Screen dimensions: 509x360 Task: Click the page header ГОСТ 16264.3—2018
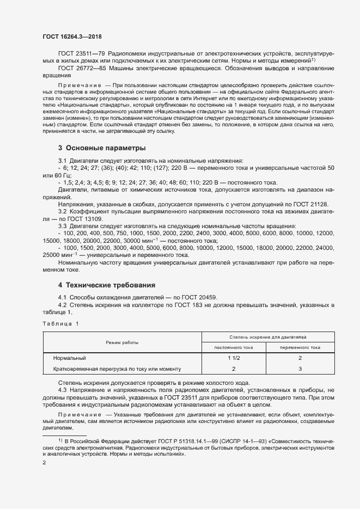(72, 37)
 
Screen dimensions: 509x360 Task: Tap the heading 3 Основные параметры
(102, 148)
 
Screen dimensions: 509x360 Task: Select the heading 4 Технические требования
(107, 285)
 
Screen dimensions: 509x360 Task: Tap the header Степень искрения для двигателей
(267, 338)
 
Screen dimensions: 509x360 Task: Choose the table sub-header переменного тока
(300, 347)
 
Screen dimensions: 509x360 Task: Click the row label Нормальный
(70, 358)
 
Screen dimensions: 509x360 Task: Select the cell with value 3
(300, 369)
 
